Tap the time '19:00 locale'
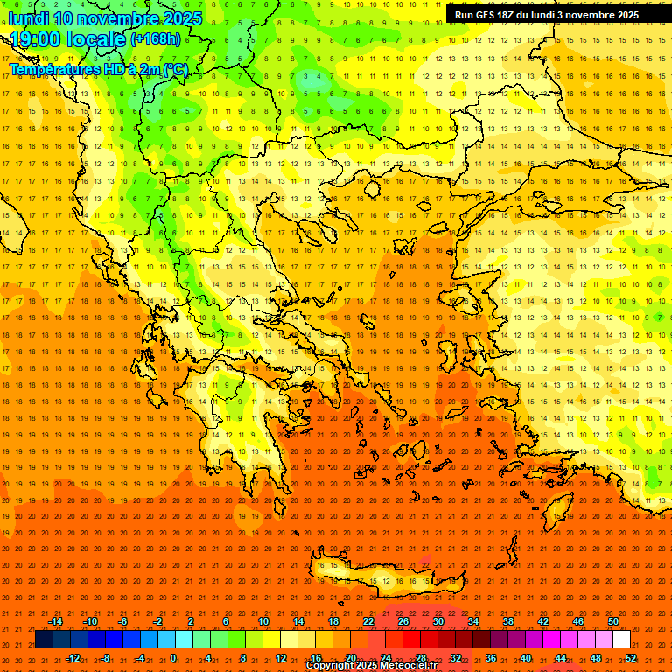68,39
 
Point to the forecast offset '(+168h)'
155,39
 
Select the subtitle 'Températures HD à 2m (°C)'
98,69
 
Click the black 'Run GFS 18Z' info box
547,15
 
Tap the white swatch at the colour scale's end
621,640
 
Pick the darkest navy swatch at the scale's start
44,640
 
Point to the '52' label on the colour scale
631,657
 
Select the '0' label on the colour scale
173,657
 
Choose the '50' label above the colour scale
613,621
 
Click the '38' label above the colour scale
508,621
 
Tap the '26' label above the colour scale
403,621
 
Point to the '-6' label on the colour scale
123,621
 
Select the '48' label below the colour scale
596,657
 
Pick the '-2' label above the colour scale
158,621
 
